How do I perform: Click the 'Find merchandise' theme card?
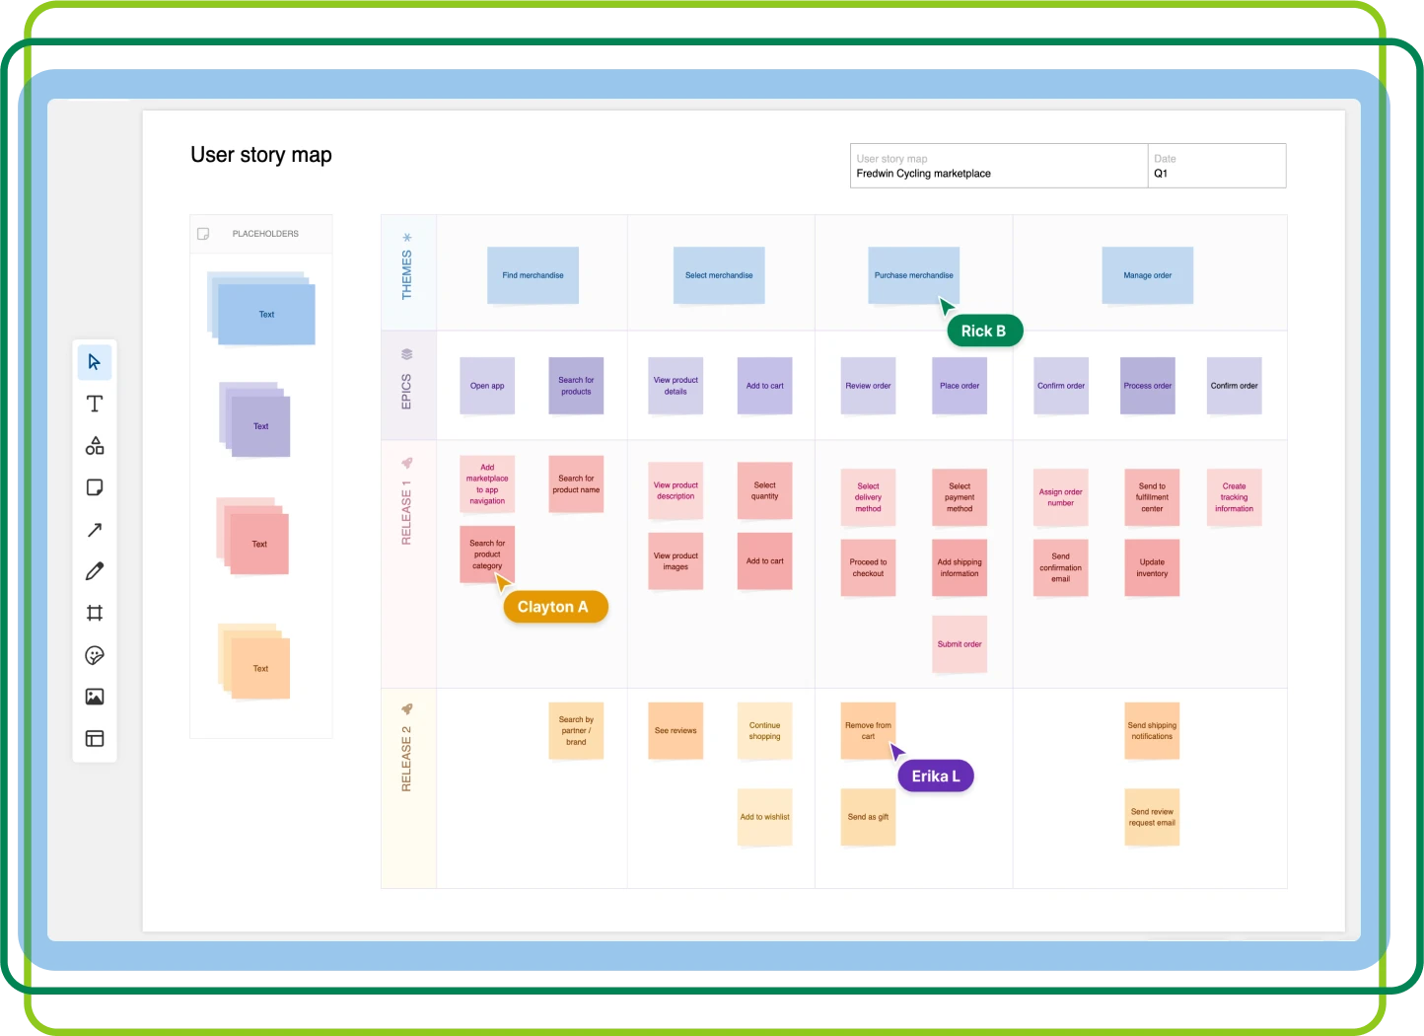coord(533,275)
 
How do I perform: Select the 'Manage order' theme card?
coord(1147,275)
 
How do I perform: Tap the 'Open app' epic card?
coord(487,386)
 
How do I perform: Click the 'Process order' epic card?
coord(1147,386)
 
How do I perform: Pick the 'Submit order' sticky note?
coord(960,644)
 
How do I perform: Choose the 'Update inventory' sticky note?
coord(1152,567)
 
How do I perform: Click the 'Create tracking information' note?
coord(1234,497)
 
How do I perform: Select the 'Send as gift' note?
coord(868,817)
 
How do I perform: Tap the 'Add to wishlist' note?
coord(764,817)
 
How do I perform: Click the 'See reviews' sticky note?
coord(676,731)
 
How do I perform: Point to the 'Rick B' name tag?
coord(984,331)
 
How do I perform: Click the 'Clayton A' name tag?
coord(554,607)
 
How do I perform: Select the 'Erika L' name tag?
coord(935,777)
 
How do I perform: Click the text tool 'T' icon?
coord(95,404)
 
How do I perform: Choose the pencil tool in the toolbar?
coord(95,571)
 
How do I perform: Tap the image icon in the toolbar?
coord(95,697)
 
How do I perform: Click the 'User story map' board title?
coord(261,155)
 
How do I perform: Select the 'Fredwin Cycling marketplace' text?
coord(923,174)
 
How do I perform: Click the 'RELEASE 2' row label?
coord(406,758)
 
